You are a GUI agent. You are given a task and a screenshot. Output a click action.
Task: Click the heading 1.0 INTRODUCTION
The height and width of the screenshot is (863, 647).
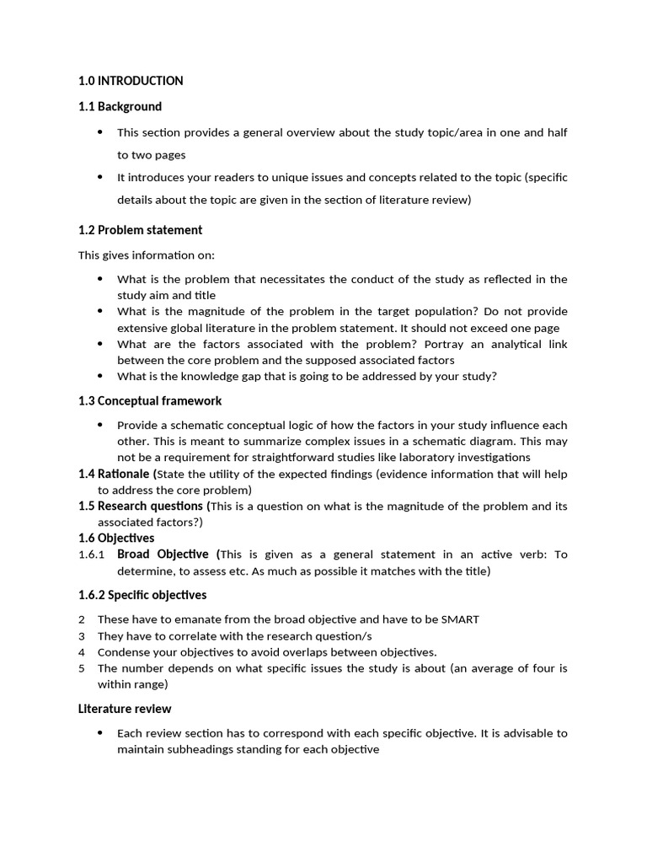(131, 81)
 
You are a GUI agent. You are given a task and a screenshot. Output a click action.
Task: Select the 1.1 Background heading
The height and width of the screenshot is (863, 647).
(120, 106)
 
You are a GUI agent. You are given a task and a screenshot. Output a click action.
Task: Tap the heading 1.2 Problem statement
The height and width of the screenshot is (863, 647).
(140, 230)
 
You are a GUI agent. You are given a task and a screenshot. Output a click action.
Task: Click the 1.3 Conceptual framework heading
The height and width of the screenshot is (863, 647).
(150, 400)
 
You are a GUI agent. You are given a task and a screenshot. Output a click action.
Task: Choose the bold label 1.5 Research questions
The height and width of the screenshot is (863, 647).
(141, 506)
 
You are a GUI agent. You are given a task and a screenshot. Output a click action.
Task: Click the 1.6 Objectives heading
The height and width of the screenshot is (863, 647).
(116, 538)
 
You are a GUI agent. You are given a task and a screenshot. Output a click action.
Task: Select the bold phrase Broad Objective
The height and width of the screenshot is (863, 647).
(163, 554)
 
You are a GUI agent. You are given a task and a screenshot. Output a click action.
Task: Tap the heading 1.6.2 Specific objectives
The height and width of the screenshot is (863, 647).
(142, 595)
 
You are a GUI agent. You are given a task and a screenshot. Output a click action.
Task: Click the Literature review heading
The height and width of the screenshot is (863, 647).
(125, 709)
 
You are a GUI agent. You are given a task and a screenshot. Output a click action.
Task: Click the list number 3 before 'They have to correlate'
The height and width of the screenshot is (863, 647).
(82, 635)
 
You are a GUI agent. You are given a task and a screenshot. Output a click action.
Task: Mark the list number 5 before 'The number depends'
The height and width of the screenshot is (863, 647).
(82, 668)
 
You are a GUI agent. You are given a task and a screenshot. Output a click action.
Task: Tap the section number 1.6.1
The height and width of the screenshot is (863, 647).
(91, 555)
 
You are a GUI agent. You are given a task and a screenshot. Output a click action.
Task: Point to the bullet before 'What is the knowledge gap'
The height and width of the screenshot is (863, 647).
(100, 376)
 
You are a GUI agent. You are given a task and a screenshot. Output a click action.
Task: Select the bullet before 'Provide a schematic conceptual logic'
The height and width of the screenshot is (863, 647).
(100, 425)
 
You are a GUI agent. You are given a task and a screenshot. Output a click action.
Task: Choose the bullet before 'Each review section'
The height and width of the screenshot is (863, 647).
(100, 733)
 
